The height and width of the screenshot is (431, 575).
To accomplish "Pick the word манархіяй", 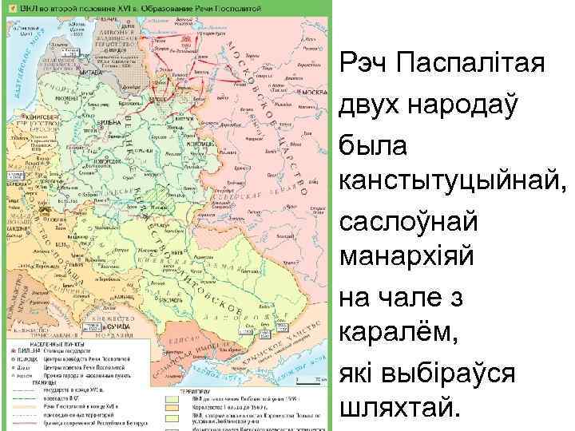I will click(398, 258).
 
